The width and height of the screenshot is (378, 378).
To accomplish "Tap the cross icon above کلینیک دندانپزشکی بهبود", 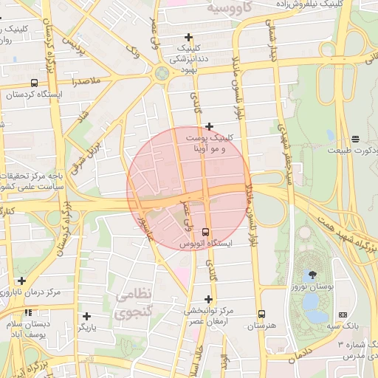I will point(189,37).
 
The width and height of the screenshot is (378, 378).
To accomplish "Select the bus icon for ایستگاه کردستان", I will point(35,83).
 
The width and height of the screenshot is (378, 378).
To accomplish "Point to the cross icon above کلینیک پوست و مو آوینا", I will point(209,126).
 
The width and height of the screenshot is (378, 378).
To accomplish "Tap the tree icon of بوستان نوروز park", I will point(305,275).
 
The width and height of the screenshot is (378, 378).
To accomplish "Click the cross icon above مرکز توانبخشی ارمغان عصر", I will point(208,299).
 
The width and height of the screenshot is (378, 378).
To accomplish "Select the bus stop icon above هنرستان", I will point(261,314).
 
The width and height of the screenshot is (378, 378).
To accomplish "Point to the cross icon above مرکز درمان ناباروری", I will point(22,281).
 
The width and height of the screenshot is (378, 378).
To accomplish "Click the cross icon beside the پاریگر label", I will point(86,316).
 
